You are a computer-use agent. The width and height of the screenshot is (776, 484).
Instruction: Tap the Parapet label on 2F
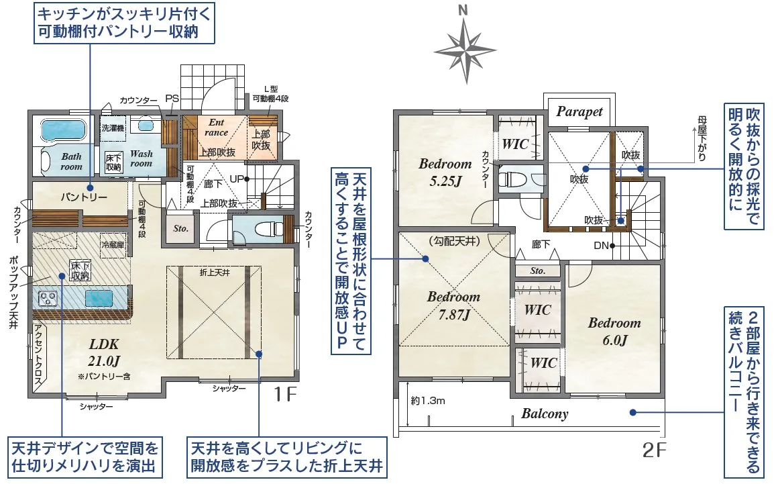(x=579, y=111)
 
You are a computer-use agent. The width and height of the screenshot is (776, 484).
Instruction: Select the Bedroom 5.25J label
(x=445, y=172)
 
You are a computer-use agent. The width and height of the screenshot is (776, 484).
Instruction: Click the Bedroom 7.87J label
(x=454, y=305)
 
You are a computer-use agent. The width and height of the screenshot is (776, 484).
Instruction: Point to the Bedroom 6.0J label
(x=614, y=332)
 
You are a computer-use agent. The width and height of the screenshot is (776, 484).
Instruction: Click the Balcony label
(x=545, y=414)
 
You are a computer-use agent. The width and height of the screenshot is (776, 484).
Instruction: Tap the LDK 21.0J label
(x=105, y=352)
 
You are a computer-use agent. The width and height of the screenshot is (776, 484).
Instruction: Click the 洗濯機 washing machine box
(x=113, y=128)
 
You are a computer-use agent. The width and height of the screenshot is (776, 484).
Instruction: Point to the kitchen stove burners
(x=48, y=299)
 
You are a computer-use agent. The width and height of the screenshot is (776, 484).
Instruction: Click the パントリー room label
(x=84, y=197)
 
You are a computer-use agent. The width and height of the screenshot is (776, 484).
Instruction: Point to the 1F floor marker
(x=284, y=394)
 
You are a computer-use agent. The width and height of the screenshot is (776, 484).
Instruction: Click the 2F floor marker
(x=653, y=450)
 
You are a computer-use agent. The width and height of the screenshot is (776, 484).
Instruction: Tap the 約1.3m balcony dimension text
(x=428, y=401)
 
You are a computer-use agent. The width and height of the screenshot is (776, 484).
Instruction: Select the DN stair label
(x=601, y=246)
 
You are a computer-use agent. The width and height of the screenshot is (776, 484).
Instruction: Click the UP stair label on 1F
(x=237, y=179)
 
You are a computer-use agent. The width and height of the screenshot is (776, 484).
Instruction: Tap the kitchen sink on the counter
(x=99, y=299)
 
